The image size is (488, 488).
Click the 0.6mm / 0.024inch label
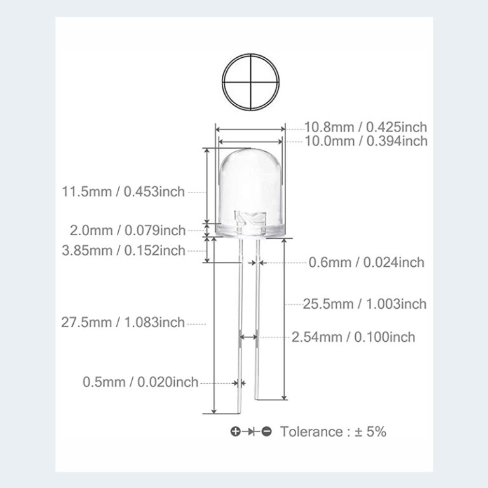click(366, 262)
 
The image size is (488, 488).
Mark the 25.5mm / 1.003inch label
click(365, 304)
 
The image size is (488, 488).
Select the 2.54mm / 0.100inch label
click(353, 337)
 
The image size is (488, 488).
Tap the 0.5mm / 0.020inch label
click(140, 383)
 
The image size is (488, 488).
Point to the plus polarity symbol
click(235, 432)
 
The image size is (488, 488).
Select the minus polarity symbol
click(267, 432)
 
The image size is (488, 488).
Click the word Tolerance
click(311, 432)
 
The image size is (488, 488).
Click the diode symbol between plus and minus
click(251, 432)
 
